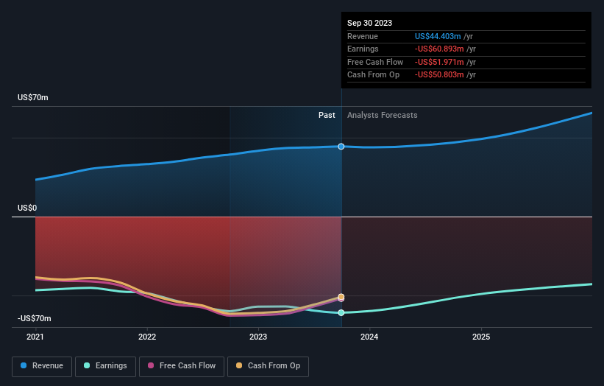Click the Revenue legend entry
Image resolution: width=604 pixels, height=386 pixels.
[43, 365]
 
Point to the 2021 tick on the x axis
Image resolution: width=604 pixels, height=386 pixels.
[35, 337]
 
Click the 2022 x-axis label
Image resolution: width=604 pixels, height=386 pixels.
[147, 337]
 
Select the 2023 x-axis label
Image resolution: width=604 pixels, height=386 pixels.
[258, 337]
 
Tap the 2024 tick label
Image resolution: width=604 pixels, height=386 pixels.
[369, 337]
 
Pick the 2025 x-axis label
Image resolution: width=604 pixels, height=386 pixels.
[481, 337]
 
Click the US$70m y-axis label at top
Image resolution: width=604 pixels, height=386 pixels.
[32, 98]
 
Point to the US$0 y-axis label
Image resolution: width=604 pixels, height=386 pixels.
[28, 208]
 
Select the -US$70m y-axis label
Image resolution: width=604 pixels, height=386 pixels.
[34, 319]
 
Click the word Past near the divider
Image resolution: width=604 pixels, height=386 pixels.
[327, 115]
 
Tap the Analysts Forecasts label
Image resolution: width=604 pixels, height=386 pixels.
[382, 115]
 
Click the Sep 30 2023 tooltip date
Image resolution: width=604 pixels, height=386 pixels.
[369, 23]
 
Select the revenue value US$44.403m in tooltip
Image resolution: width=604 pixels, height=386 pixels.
[438, 36]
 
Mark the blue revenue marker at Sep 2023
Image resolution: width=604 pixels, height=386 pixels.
[341, 147]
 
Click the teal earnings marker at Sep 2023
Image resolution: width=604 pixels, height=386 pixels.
[341, 313]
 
